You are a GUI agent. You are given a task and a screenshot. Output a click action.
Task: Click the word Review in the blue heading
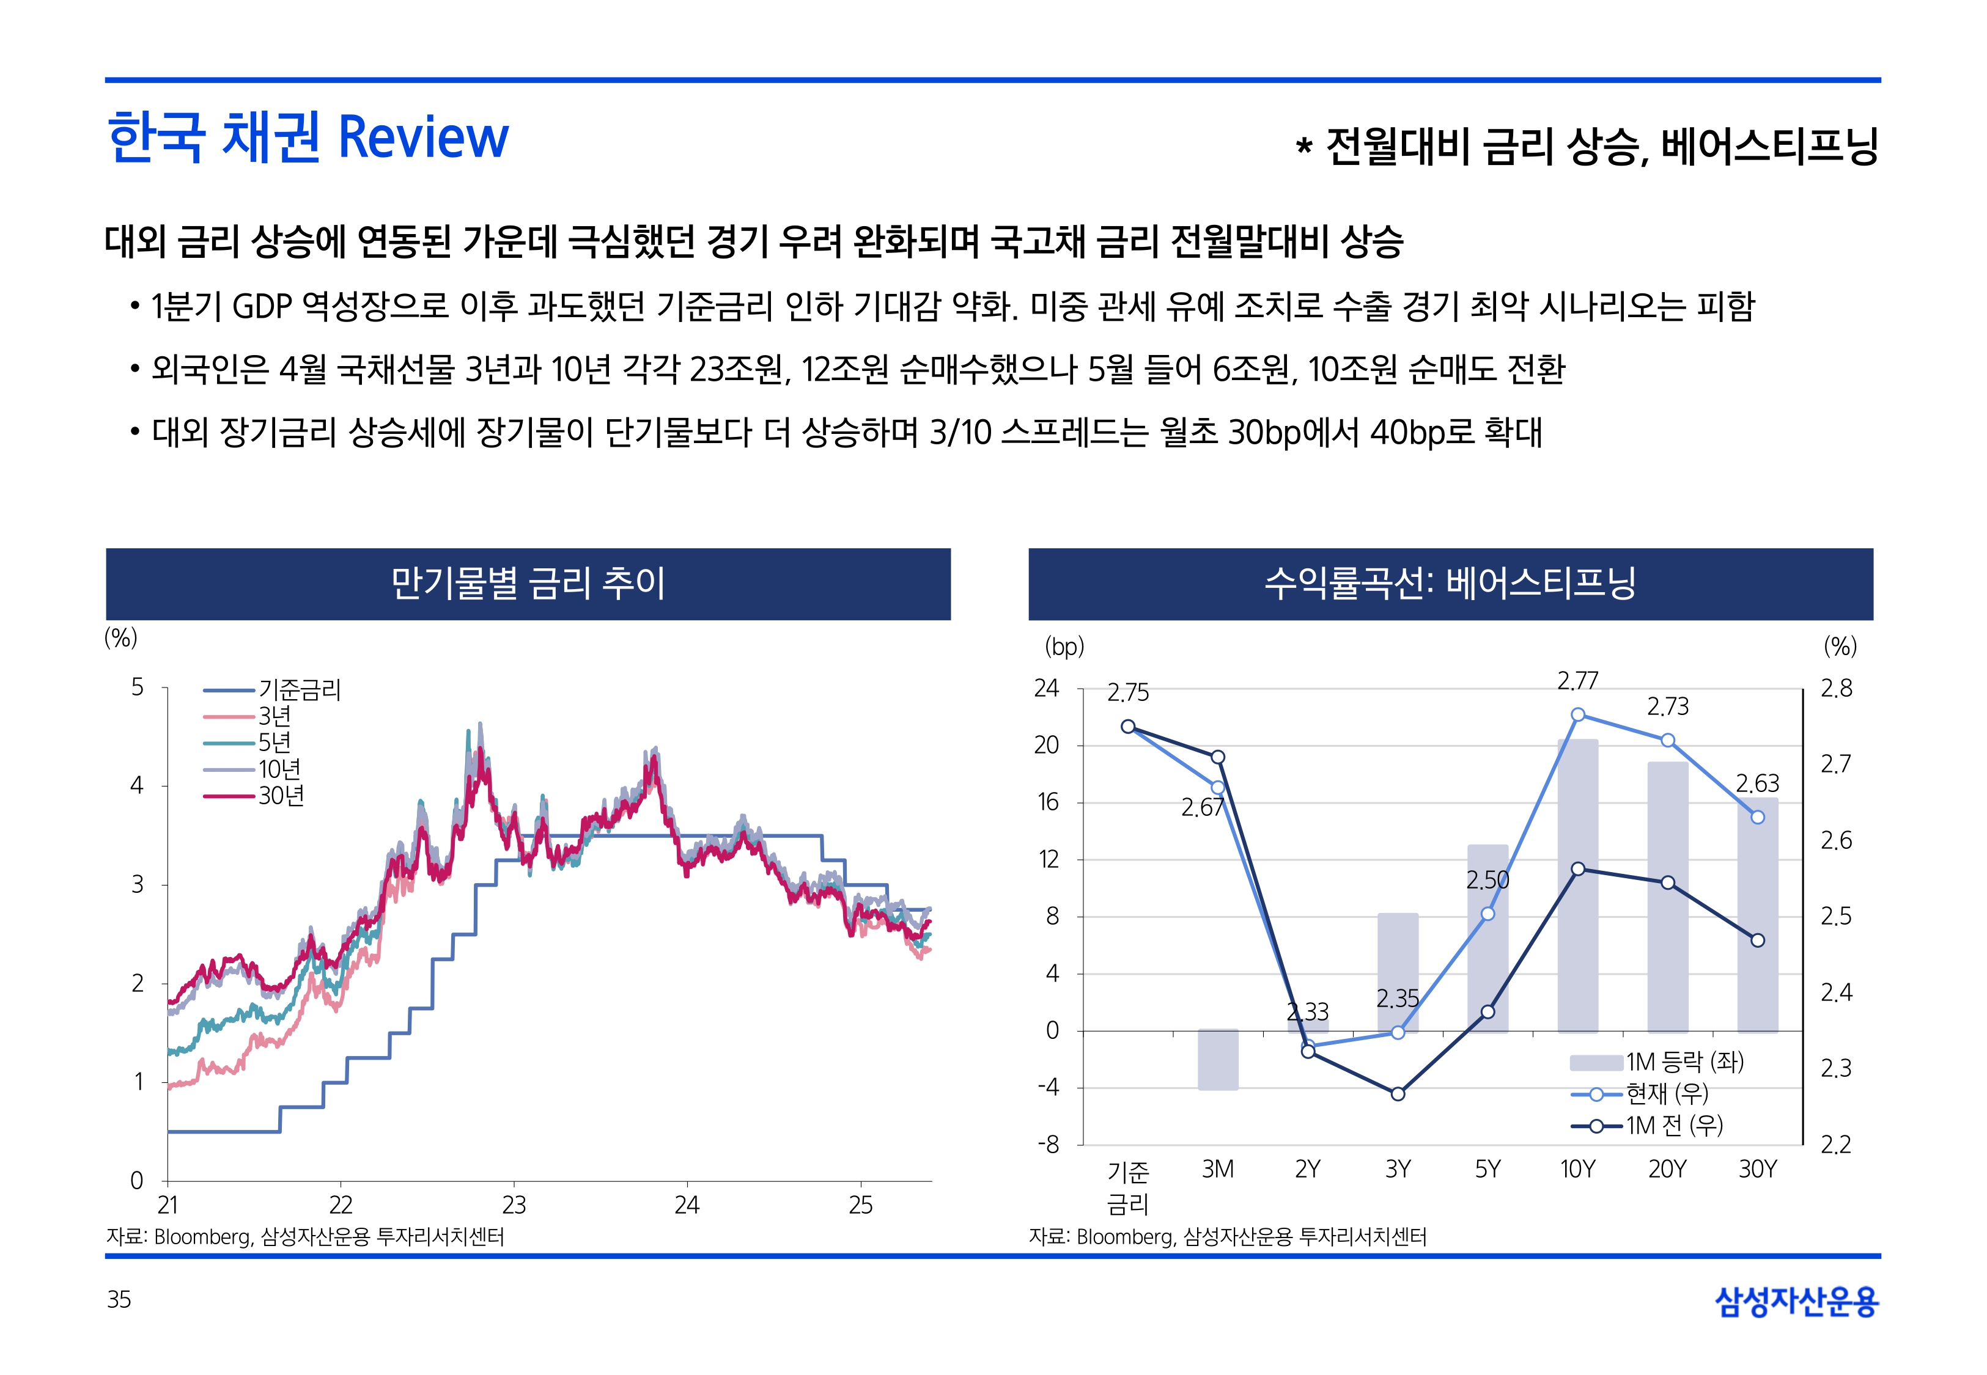click(x=423, y=138)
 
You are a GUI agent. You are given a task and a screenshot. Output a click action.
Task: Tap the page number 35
click(x=119, y=1299)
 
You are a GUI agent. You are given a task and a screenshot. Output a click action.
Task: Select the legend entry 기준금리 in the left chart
click(x=299, y=689)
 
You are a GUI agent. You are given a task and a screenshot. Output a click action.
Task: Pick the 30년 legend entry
click(x=281, y=796)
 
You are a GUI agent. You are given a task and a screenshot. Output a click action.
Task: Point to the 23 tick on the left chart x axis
click(x=514, y=1204)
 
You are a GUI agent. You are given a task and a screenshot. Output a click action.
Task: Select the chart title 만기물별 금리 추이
click(x=528, y=583)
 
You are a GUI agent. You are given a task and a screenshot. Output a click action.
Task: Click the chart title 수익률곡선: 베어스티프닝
click(x=1450, y=583)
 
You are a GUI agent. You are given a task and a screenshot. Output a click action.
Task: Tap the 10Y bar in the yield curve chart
click(x=1578, y=887)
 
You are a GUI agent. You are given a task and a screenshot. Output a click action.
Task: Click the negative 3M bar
click(x=1217, y=1060)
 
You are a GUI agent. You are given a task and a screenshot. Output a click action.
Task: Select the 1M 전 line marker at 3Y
click(x=1398, y=1094)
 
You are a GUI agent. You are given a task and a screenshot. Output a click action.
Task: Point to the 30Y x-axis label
click(x=1757, y=1169)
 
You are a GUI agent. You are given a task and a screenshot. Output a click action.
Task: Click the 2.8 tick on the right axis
click(x=1835, y=688)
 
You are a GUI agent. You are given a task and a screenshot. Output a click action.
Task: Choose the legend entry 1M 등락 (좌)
click(x=1684, y=1061)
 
